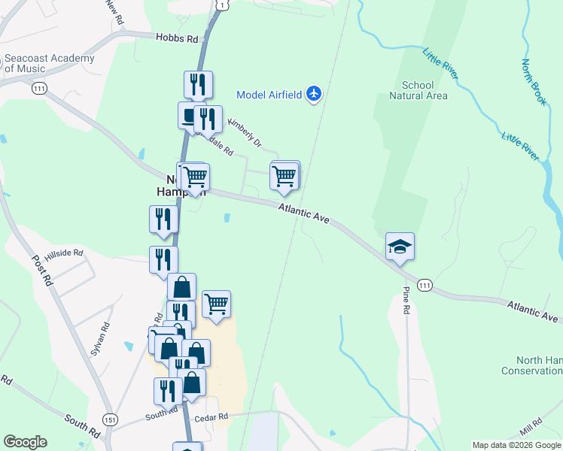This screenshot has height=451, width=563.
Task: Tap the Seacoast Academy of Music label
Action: [50, 63]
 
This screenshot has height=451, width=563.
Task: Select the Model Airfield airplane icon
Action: [314, 94]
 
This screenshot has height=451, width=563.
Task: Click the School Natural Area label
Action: [418, 90]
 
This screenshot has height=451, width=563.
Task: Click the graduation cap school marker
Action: [400, 246]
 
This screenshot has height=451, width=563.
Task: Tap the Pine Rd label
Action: [406, 299]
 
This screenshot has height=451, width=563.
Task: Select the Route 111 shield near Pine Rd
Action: [425, 285]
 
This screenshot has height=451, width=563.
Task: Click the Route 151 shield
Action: [111, 419]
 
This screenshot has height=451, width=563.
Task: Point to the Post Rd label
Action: [41, 268]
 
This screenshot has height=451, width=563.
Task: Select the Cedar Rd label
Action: [211, 417]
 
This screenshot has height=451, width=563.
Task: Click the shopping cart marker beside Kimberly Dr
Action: [285, 176]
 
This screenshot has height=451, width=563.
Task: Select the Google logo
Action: [25, 442]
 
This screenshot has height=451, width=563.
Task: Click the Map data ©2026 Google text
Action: [516, 445]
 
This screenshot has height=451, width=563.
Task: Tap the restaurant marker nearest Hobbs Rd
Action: [198, 84]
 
